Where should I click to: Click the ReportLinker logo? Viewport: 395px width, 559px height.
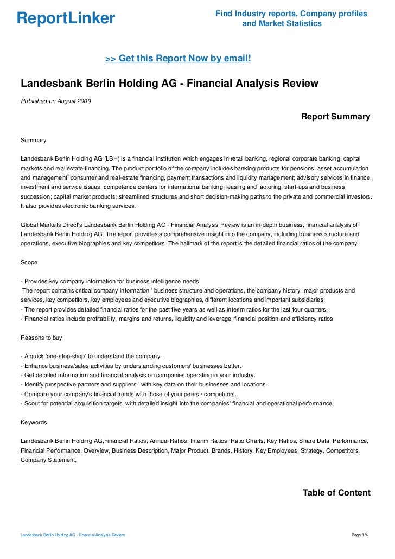point(66,19)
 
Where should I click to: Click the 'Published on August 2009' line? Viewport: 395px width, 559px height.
point(56,101)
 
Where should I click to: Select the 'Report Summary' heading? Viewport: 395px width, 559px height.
point(335,117)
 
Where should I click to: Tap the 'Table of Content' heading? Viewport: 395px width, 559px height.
point(336,493)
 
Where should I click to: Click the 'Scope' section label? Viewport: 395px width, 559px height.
point(29,262)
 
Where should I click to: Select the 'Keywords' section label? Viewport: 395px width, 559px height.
point(34,422)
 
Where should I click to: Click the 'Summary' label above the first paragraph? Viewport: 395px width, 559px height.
point(33,140)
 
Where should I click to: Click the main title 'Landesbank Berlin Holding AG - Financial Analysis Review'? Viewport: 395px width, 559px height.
point(169,84)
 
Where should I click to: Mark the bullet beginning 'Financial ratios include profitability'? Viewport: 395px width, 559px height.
point(177,319)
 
